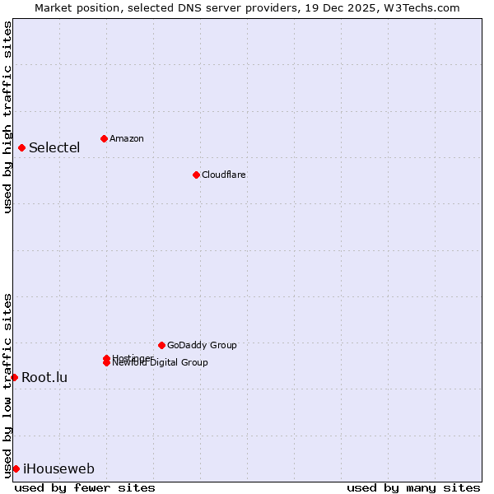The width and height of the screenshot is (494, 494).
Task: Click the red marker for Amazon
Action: pos(104,138)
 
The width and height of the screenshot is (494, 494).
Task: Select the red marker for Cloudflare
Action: pos(196,175)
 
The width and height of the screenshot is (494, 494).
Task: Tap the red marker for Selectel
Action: pos(21,147)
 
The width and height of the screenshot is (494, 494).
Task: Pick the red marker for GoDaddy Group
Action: pos(161,345)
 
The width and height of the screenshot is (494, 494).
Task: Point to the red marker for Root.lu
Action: pos(14,377)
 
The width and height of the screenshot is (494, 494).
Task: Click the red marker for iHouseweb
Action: pos(16,468)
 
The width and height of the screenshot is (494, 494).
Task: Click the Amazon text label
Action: pos(127,138)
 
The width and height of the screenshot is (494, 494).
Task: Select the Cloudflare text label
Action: pos(224,175)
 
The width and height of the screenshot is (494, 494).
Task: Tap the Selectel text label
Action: pos(54,148)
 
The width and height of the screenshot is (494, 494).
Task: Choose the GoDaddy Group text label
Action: pos(202,345)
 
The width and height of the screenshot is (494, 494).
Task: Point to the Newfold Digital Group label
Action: pos(161,363)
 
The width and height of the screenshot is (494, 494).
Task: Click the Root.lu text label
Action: pos(44,378)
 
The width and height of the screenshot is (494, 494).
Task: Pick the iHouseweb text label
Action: pos(58,469)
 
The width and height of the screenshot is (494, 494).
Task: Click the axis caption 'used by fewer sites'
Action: pos(85,487)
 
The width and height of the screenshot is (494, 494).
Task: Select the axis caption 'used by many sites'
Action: pos(413,487)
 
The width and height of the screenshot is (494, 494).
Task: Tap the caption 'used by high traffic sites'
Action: pos(7,117)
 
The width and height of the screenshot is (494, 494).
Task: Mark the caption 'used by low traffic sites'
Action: pos(7,384)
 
